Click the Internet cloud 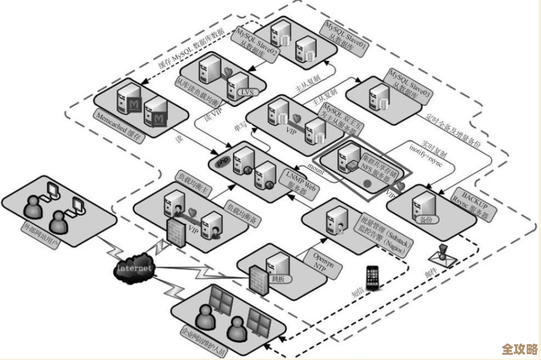click(135, 268)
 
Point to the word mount click(316, 169)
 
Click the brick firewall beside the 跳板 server click(256, 280)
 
